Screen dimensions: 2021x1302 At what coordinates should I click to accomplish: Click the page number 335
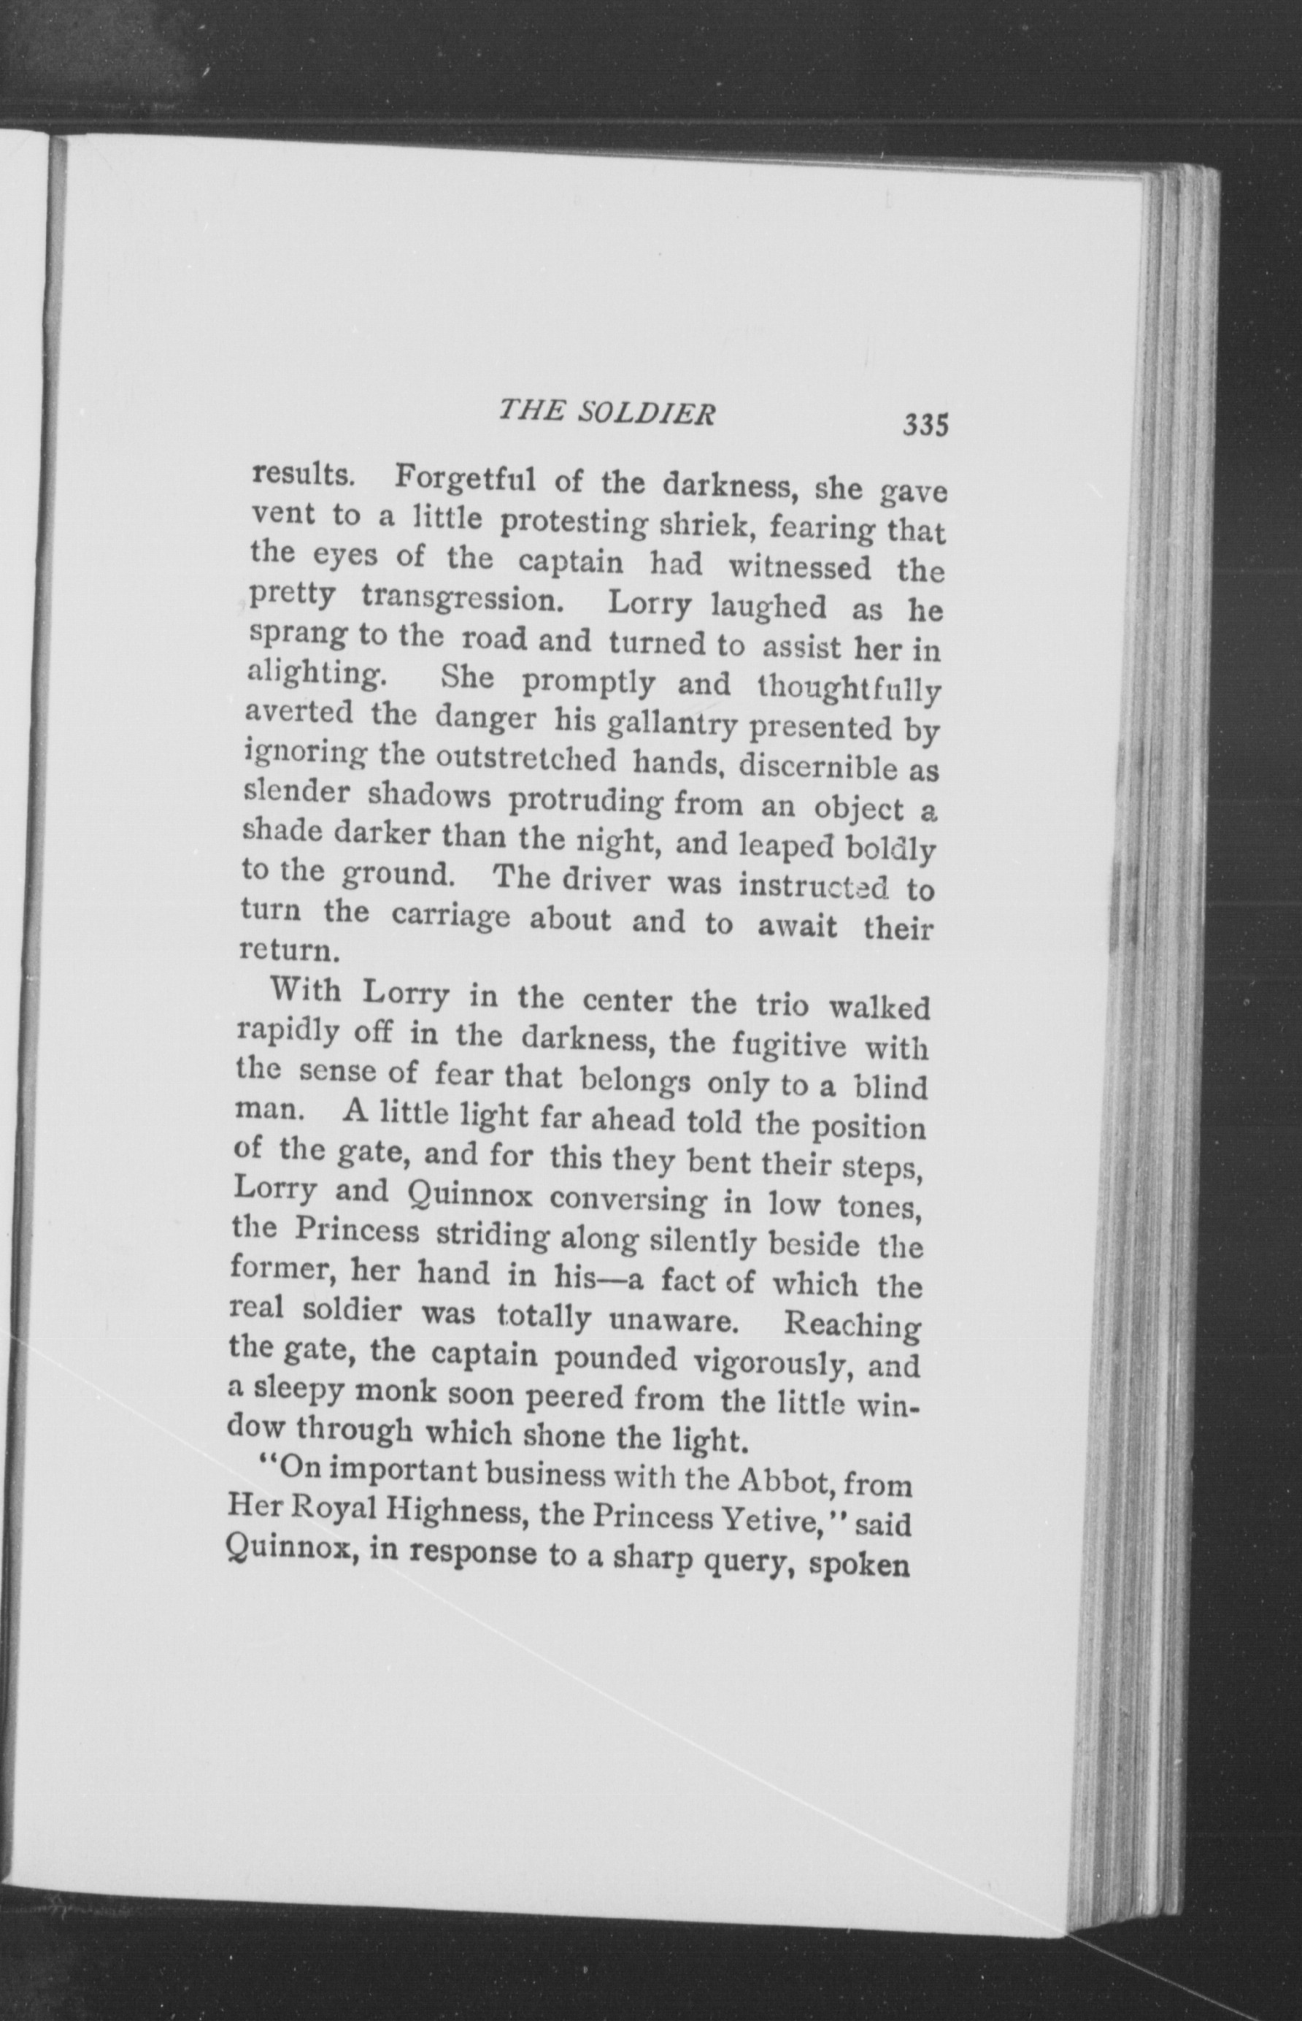925,423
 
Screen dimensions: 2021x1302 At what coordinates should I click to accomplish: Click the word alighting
310,675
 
